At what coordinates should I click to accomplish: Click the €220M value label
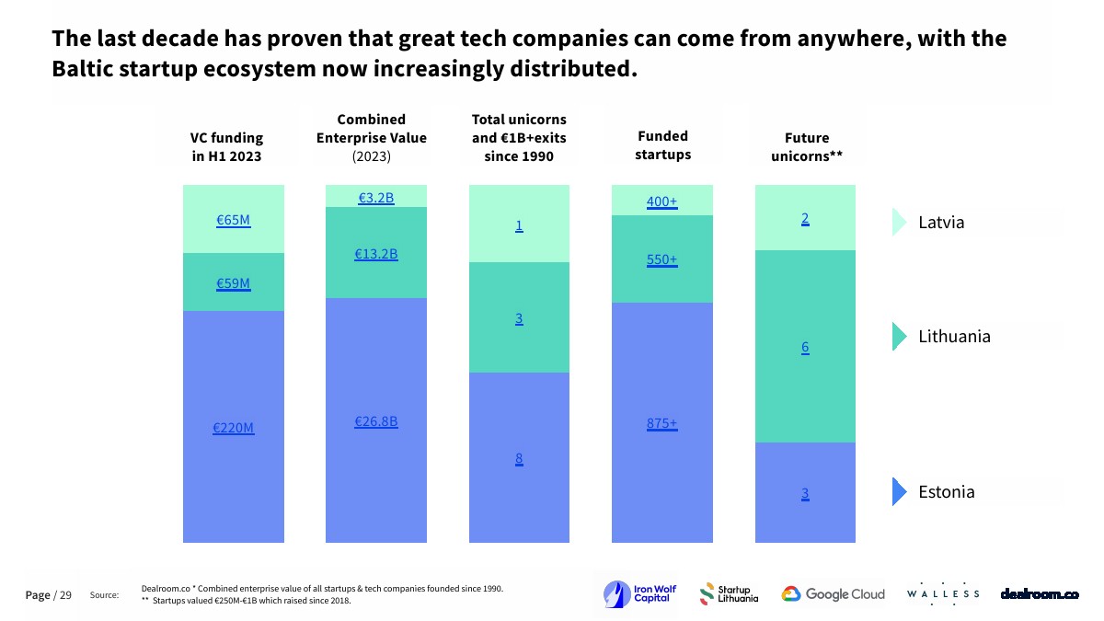(x=234, y=428)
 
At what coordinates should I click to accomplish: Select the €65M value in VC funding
(x=234, y=220)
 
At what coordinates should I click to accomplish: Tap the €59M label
(x=234, y=283)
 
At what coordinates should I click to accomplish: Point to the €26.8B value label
(x=376, y=421)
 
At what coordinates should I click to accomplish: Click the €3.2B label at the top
(x=376, y=197)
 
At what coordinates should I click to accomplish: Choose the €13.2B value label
(x=376, y=254)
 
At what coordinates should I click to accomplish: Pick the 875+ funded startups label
(x=662, y=424)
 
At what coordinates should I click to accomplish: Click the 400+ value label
(x=662, y=201)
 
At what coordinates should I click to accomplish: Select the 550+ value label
(x=662, y=259)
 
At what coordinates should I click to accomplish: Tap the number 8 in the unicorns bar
(x=519, y=459)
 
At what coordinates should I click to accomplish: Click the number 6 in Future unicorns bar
(x=805, y=348)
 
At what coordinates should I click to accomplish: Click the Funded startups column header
(x=662, y=145)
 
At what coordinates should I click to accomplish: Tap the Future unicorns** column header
(x=807, y=147)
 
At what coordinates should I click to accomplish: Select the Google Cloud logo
(x=834, y=594)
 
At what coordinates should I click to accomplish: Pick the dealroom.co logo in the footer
(x=1040, y=594)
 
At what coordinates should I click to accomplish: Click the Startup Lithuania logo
(x=730, y=594)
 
